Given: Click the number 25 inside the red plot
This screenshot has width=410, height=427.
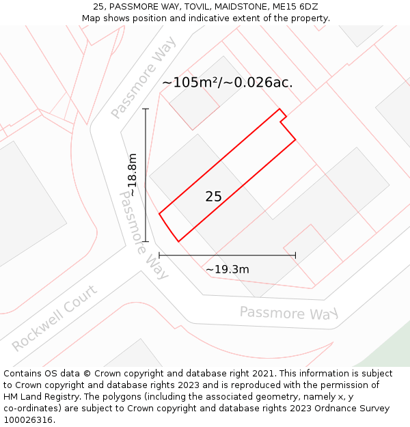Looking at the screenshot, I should (213, 197).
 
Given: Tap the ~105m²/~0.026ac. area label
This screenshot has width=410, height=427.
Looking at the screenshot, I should (227, 83).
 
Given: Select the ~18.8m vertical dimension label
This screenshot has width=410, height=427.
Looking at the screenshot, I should (133, 175).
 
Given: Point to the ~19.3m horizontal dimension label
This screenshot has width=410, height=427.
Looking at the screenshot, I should (228, 269).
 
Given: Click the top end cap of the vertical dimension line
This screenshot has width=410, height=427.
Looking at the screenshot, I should (146, 109).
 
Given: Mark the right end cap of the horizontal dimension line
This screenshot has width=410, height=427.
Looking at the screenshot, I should (295, 256).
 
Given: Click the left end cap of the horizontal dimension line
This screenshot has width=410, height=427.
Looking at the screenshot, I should (159, 256).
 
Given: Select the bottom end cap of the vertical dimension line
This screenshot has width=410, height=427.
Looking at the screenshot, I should (146, 241).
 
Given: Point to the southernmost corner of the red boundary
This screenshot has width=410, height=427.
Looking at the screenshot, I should (178, 241).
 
